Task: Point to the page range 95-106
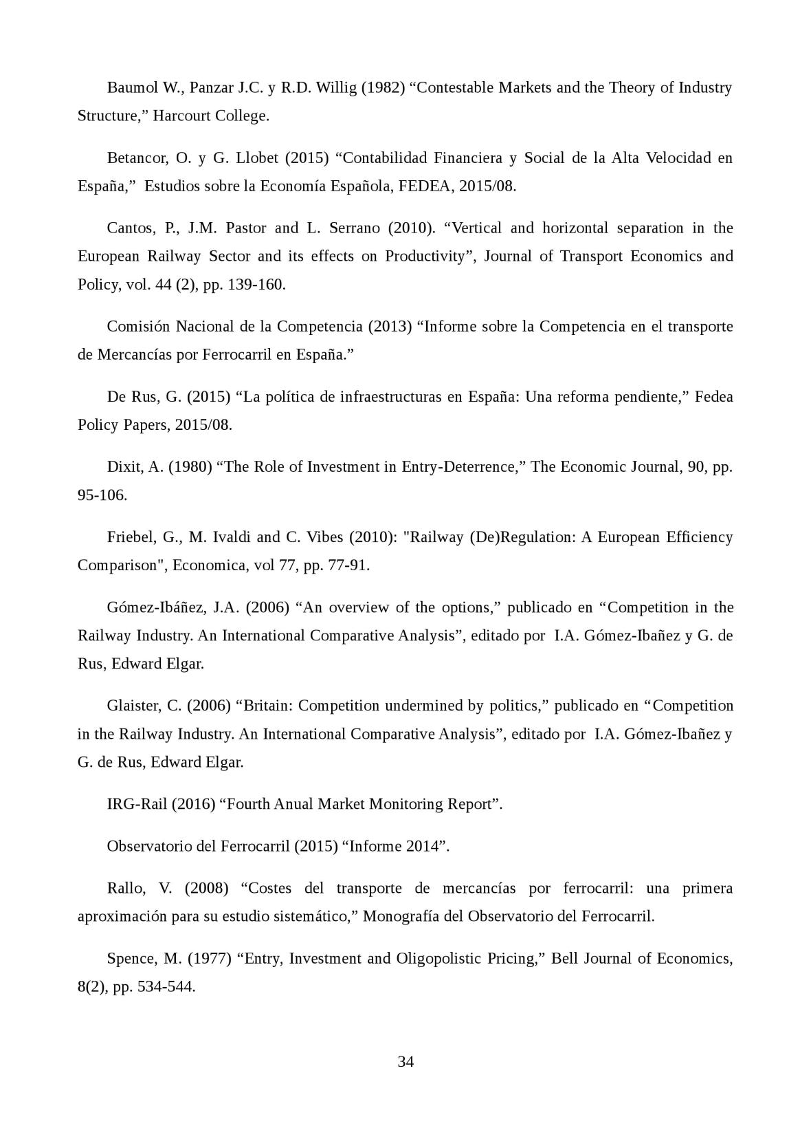pyautogui.click(x=102, y=495)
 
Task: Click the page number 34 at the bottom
pyautogui.click(x=405, y=1062)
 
